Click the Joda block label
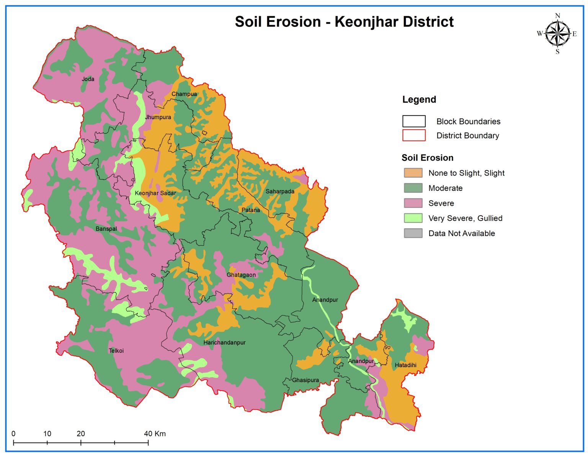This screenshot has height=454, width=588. pyautogui.click(x=88, y=79)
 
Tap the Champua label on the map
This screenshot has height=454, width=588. pyautogui.click(x=184, y=94)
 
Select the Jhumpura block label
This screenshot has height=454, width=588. pyautogui.click(x=158, y=117)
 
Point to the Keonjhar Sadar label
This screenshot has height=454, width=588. pyautogui.click(x=155, y=193)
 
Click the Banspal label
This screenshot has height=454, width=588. pyautogui.click(x=106, y=229)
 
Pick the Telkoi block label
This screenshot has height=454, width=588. pyautogui.click(x=116, y=351)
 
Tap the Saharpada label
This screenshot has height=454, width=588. pyautogui.click(x=280, y=191)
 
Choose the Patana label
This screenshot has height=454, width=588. pyautogui.click(x=251, y=210)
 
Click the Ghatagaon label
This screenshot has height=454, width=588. pyautogui.click(x=241, y=275)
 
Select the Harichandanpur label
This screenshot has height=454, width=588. pyautogui.click(x=224, y=343)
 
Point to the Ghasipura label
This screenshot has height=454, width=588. pyautogui.click(x=305, y=380)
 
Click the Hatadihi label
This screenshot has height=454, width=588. pyautogui.click(x=405, y=365)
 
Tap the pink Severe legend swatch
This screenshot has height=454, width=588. pyautogui.click(x=413, y=203)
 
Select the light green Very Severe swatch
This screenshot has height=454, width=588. pyautogui.click(x=413, y=218)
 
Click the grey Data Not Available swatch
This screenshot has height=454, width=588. pyautogui.click(x=413, y=233)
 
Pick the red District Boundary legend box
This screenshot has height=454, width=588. pyautogui.click(x=414, y=135)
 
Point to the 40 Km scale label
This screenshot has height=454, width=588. pyautogui.click(x=155, y=434)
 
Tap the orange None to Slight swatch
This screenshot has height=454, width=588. pyautogui.click(x=413, y=173)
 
